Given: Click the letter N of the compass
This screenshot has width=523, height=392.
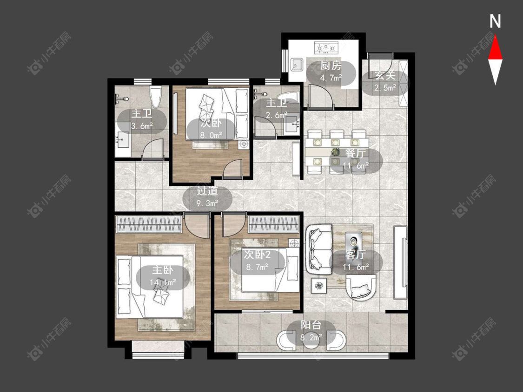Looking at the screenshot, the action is [x=495, y=21].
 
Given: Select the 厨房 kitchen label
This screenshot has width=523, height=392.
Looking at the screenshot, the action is [x=331, y=65].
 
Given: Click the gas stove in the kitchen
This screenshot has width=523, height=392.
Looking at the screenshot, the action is [x=326, y=47].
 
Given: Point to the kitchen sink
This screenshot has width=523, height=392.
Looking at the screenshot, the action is [x=297, y=64].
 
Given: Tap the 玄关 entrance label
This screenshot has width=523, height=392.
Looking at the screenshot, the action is [x=385, y=75].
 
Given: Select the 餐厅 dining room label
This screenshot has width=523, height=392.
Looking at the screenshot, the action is [x=356, y=153].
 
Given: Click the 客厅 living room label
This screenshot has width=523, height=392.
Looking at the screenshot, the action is [x=356, y=255].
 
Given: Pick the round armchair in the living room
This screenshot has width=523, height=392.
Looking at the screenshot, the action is [x=362, y=287].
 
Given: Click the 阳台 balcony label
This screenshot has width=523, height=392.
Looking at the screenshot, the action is [x=311, y=325].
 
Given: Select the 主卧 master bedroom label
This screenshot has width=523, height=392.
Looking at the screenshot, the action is [x=162, y=270].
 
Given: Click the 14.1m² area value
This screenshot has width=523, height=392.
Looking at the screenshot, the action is [x=162, y=283].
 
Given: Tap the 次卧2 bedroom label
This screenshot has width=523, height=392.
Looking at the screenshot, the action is [x=257, y=255].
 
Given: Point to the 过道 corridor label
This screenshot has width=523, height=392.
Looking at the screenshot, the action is [x=207, y=191].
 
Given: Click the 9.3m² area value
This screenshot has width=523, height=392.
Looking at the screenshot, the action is [x=207, y=203].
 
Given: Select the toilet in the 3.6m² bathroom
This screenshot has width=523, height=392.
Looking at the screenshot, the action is [x=156, y=97].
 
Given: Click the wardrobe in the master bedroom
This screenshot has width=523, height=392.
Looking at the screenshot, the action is [x=148, y=224].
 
